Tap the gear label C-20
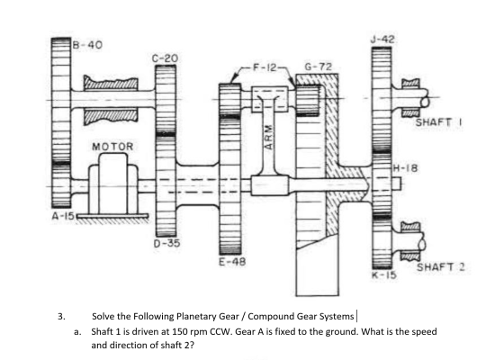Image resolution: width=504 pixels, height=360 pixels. (x=165, y=58)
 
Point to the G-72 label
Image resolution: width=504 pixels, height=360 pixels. (x=318, y=67)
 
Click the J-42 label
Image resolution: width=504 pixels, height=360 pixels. (x=382, y=40)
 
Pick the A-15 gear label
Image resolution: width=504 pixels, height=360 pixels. (x=63, y=216)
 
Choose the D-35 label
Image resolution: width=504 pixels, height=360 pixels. (x=166, y=243)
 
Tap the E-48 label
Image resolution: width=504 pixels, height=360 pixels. (x=232, y=262)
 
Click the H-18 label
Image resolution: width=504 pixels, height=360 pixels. (x=406, y=167)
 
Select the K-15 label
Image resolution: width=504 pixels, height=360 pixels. (x=384, y=275)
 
